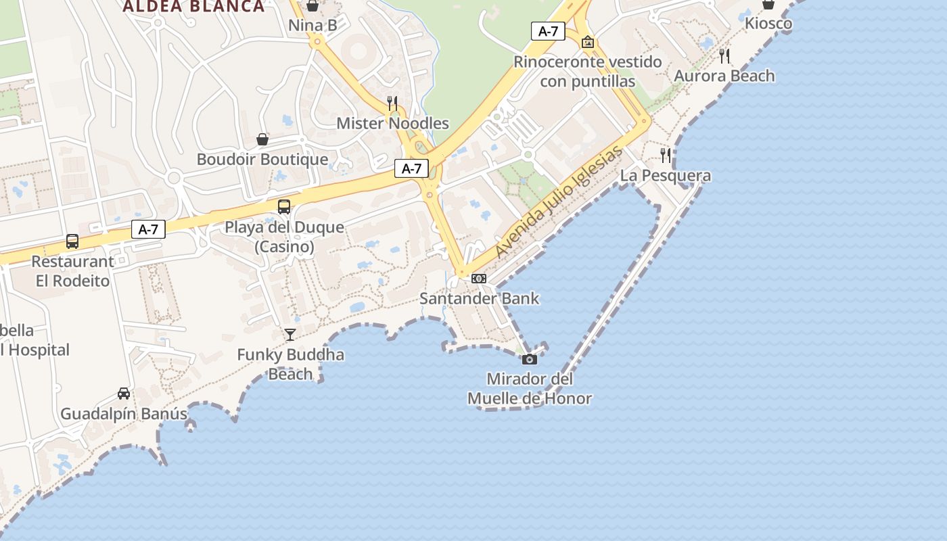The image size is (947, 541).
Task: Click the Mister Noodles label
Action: [x=392, y=123]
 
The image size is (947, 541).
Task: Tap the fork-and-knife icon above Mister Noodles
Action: [x=392, y=103]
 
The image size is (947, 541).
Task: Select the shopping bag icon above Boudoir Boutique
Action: [x=262, y=139]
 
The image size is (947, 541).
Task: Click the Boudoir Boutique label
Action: [x=262, y=160]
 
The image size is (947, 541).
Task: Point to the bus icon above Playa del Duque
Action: [x=284, y=206]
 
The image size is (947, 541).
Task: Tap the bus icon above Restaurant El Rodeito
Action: [x=72, y=241]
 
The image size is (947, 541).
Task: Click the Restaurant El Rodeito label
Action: [x=72, y=270]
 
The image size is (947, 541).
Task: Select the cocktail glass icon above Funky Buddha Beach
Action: [x=290, y=334]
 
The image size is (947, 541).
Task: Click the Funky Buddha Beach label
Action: [x=290, y=364]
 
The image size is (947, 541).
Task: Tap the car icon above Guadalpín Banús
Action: [x=124, y=393]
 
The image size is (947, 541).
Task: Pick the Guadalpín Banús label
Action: [x=124, y=414]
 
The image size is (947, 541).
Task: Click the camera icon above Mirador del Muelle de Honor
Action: [x=530, y=359]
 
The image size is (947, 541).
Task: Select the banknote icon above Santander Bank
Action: [x=479, y=279]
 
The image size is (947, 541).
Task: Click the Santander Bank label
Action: [x=479, y=298]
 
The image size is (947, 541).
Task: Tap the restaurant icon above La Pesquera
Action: [x=666, y=156]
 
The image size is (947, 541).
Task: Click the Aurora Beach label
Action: [x=724, y=76]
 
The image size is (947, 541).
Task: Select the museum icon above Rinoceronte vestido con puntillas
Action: [x=588, y=42]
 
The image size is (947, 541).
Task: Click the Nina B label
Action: [x=313, y=26]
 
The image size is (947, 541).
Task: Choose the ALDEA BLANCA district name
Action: [x=193, y=7]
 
